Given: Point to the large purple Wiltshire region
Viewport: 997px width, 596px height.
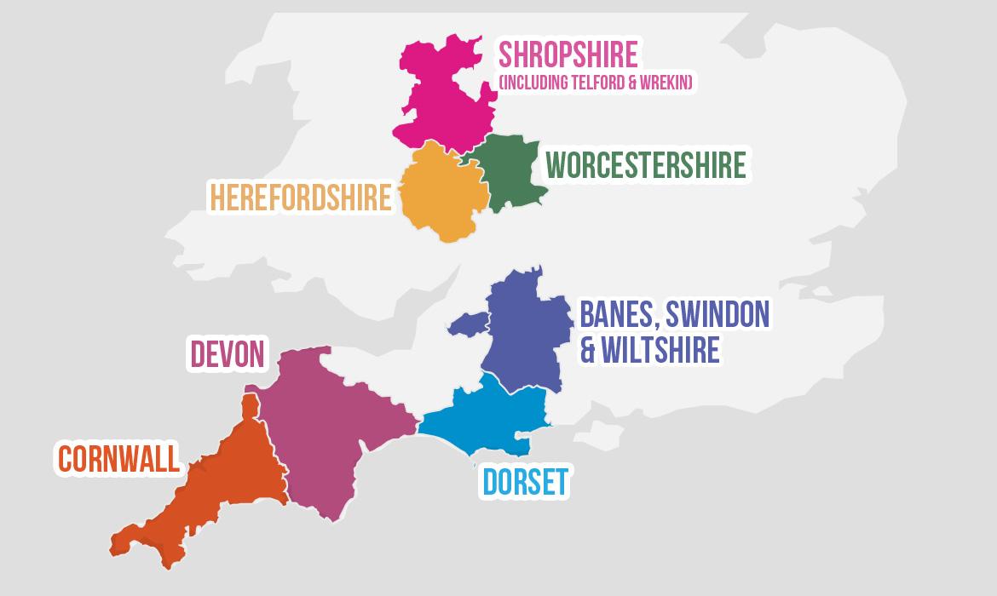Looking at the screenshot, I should click(524, 332).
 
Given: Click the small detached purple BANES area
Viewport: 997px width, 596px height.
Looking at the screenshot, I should click(469, 324).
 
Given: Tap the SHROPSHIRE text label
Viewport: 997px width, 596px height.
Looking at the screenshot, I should click(568, 54).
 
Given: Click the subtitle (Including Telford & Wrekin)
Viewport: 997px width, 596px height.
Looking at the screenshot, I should click(595, 83).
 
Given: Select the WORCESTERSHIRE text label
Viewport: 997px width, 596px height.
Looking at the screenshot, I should click(645, 165).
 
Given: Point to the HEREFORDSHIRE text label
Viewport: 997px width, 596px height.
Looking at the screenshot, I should click(300, 198).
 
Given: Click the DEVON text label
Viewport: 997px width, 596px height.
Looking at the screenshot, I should click(227, 354).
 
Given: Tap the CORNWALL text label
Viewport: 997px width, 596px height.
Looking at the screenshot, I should click(119, 459).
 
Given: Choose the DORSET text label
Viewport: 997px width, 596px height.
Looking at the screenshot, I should click(525, 482).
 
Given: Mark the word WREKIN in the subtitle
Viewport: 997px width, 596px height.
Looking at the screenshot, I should click(667, 83).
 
